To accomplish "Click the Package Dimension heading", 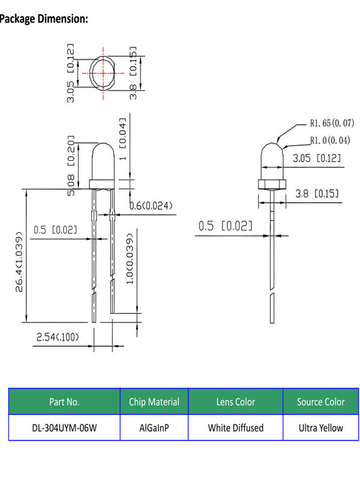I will pos(44,19).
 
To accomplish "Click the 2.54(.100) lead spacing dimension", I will pos(58,337).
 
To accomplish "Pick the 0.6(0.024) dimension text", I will pos(151,206).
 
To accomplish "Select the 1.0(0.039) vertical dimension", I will pos(130,257).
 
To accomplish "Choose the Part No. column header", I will pos(64,401).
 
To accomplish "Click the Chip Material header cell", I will pos(154,401).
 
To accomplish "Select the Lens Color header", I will pos(236,401).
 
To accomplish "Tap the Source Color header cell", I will pos(320,401).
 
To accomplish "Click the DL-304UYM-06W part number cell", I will pos(64,428).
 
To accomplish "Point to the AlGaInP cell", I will pos(154,428).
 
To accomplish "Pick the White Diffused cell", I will pos(236,428).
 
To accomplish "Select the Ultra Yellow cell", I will pos(320,428).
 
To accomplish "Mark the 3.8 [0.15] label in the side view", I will pos(318,193).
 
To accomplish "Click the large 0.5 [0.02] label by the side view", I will pos(225,226).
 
